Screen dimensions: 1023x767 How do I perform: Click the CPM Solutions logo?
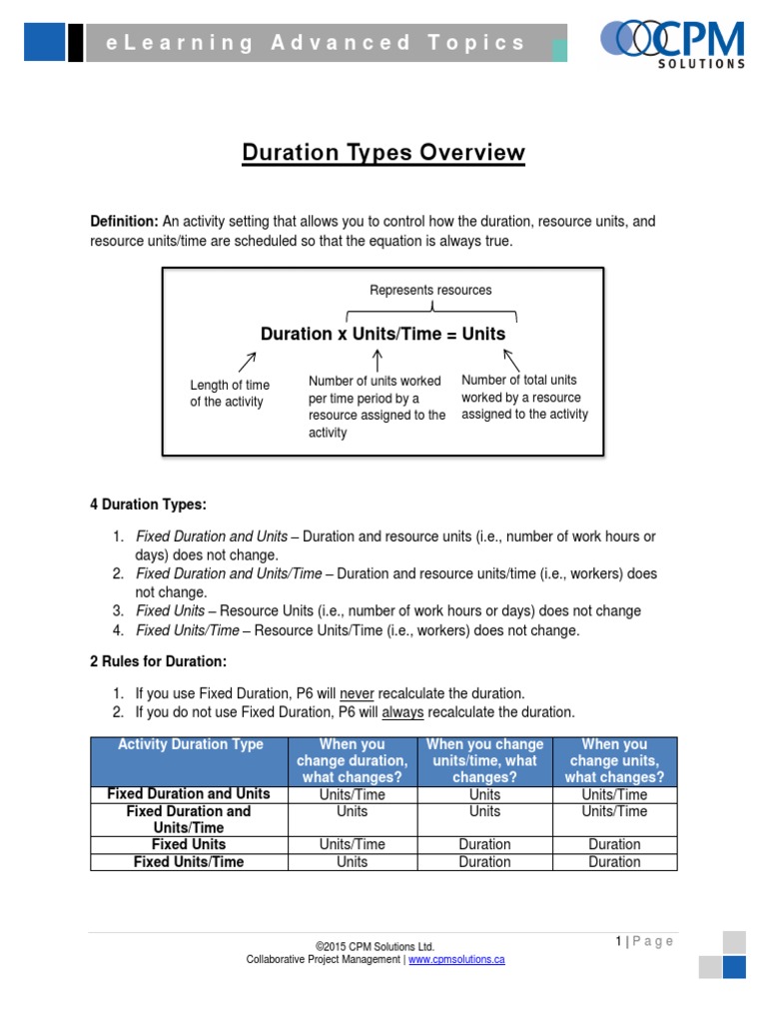tap(672, 43)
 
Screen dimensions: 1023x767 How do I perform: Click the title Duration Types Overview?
tap(383, 153)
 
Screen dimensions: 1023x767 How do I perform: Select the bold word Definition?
tap(124, 221)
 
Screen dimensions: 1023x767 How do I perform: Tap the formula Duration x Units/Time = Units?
tap(383, 334)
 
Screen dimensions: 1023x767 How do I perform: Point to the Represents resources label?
tap(430, 290)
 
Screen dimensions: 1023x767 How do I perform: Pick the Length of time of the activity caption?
tap(230, 393)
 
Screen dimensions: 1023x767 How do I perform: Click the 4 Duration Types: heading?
tap(148, 505)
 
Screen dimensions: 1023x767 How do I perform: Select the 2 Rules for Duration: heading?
tap(158, 661)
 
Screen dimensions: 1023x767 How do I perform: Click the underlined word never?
tap(357, 693)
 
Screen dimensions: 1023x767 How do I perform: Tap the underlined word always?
tap(402, 712)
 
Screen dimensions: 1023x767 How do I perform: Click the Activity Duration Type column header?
tap(190, 744)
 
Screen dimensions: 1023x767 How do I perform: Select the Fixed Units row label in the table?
tap(189, 844)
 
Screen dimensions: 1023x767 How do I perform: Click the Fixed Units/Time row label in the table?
tap(189, 861)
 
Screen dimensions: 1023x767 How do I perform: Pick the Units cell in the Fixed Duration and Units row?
tap(484, 794)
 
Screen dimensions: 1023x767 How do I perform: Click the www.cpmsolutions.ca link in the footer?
tap(455, 959)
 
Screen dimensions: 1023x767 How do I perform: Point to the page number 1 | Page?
tap(644, 941)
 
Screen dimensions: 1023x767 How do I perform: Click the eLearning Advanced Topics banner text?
tap(317, 43)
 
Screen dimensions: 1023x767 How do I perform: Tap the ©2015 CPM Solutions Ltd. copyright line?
tap(375, 946)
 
